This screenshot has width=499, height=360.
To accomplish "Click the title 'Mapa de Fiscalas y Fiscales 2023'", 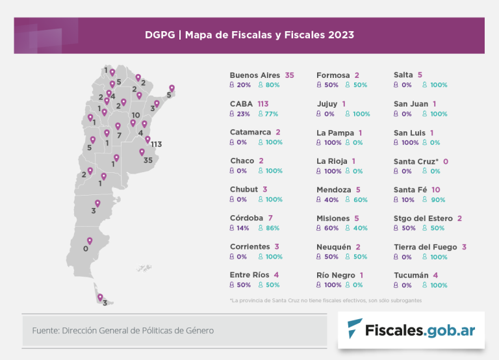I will coord(270,35).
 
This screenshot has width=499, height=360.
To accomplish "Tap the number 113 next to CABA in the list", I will coord(263,103).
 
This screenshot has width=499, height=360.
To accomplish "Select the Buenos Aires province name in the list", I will coord(255,75).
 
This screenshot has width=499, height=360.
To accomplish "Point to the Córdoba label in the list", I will coord(246,218).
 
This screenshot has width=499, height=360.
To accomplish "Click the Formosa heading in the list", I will coord(333,75).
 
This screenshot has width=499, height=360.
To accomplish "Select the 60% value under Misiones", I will coord(331,228).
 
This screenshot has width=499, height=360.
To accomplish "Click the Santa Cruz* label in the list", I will coord(416,161).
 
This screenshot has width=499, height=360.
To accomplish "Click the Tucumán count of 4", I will coord(435,276).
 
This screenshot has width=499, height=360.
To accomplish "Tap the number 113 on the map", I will coord(156,144).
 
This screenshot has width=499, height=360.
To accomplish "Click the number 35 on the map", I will coord(147,161).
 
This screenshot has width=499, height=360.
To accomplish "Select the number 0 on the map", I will coord(85,249).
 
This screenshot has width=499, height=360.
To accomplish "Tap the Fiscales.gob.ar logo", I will coord(411,330).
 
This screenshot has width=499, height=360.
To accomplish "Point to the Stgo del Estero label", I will coord(423,218).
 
